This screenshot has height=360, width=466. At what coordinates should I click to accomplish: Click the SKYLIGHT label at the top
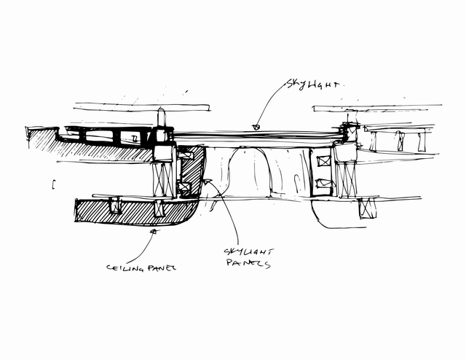point(312,85)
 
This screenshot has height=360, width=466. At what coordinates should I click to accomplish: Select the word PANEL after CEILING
point(162,267)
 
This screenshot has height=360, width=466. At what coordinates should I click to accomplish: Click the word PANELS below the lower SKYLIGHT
point(248,263)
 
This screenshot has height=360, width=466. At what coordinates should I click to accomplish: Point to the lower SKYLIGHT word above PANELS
point(248,252)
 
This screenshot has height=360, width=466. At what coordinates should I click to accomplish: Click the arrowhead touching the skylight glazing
point(256,128)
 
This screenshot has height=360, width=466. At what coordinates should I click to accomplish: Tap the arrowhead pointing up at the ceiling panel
point(154,231)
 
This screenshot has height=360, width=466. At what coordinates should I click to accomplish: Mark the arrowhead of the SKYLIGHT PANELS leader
point(207,181)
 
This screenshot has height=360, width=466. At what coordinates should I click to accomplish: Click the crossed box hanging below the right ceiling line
point(367,208)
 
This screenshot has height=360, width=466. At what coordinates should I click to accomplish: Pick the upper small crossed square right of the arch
point(323,161)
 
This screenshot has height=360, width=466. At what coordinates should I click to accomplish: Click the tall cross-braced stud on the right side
point(346,179)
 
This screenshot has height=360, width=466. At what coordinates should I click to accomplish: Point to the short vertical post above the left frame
point(160,117)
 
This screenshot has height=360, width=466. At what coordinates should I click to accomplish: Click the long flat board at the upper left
point(142,107)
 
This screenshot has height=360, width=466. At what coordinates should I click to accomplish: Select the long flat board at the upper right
point(377,108)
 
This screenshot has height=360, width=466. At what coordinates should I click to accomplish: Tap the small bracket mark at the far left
point(53,184)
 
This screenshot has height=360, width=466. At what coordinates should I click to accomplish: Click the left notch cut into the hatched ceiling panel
point(115,206)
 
